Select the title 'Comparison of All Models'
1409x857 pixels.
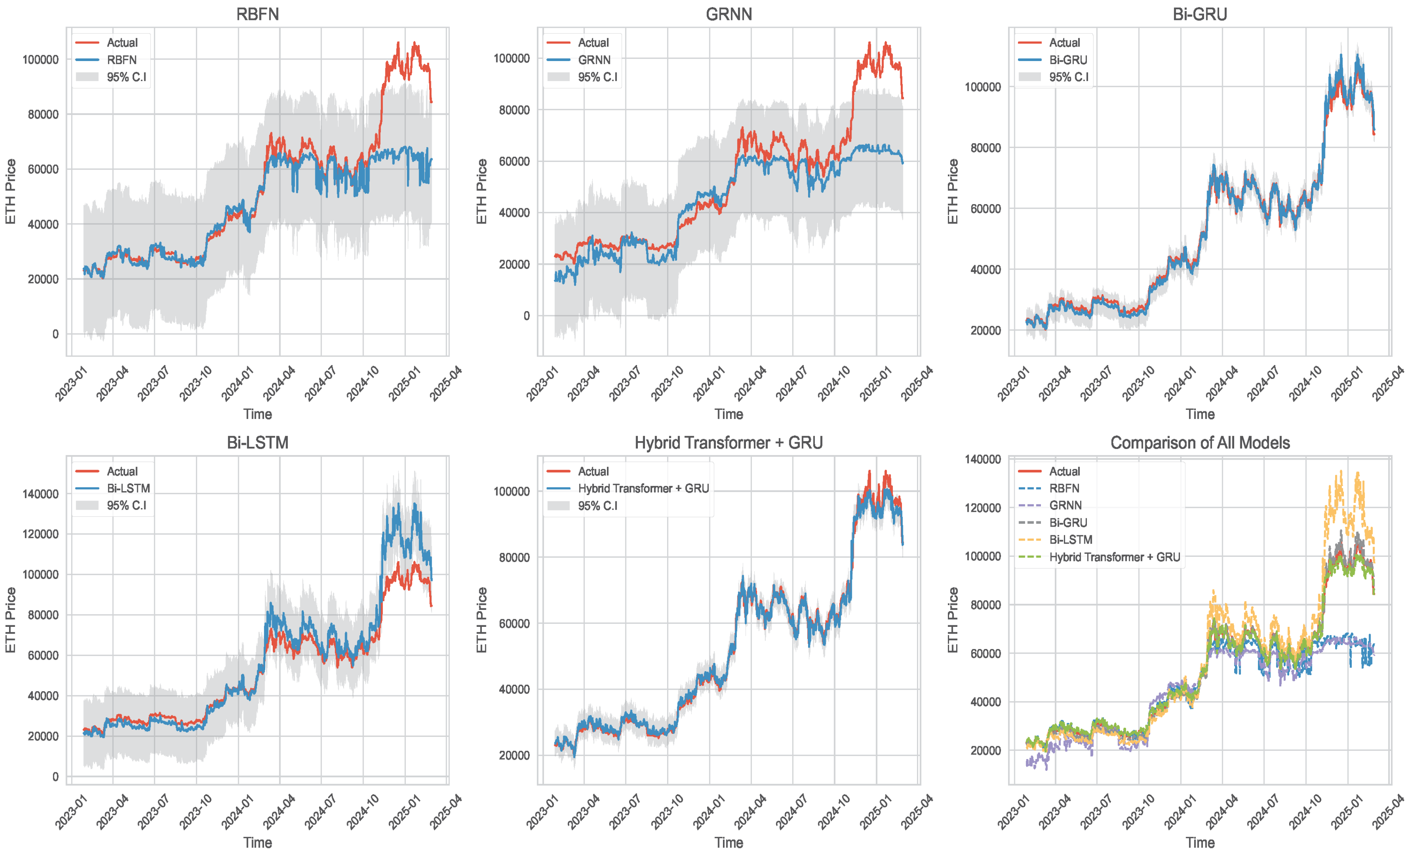point(1200,443)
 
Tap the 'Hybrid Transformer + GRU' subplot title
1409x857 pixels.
point(729,443)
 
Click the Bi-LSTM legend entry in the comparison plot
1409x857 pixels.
point(1070,540)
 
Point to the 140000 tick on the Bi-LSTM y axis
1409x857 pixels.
point(40,494)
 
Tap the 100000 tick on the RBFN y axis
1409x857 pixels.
point(40,60)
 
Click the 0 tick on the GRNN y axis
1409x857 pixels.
point(526,316)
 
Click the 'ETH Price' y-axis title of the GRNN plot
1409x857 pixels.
point(481,191)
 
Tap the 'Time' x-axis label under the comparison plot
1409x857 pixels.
point(1200,843)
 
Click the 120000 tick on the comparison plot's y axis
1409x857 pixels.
point(983,508)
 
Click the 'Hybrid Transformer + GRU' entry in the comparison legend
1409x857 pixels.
point(1114,557)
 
